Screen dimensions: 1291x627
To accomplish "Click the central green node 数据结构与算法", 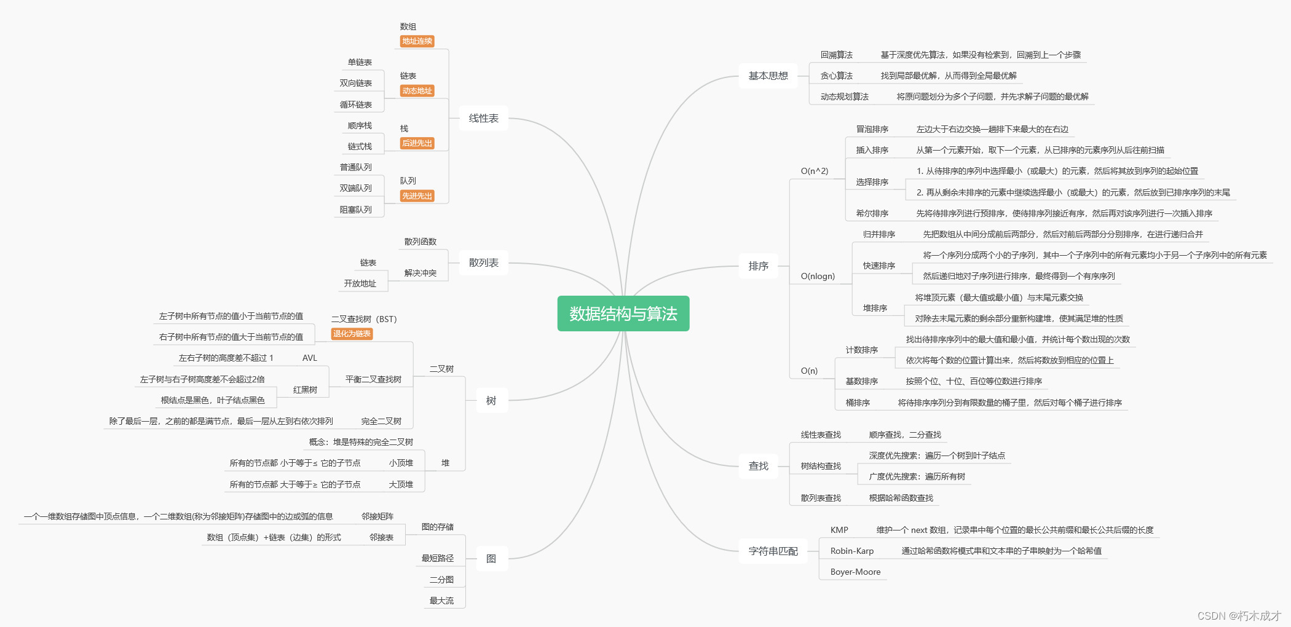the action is [x=623, y=313].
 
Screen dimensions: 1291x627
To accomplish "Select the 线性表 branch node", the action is [x=483, y=118].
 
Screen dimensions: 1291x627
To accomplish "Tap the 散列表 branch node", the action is [x=483, y=262].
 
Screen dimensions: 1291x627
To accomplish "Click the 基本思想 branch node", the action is [x=768, y=76].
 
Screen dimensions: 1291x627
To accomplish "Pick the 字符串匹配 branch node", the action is [x=773, y=551].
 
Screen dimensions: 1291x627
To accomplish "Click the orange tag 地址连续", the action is [x=417, y=41].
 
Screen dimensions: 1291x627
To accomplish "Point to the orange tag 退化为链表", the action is [x=352, y=334].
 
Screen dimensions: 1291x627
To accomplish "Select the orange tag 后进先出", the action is [x=417, y=143].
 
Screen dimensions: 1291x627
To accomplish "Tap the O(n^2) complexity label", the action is [x=814, y=171].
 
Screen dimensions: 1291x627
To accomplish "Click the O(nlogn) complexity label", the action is [x=818, y=276].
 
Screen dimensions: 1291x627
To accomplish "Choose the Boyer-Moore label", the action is [x=855, y=572].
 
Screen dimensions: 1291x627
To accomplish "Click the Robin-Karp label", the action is [x=851, y=551].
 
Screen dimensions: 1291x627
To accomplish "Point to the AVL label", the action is [x=309, y=358].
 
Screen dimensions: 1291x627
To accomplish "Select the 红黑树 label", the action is [x=305, y=390].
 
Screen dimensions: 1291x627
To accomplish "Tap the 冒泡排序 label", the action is [x=872, y=129].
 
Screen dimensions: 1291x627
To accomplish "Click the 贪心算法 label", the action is [x=836, y=76].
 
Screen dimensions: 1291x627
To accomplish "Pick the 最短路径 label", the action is [x=437, y=558].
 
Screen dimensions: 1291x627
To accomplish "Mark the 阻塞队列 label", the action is [x=355, y=210].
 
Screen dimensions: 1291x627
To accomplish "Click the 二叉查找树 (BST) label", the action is [x=364, y=319].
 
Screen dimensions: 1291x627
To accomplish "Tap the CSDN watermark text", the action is [x=1239, y=615].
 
